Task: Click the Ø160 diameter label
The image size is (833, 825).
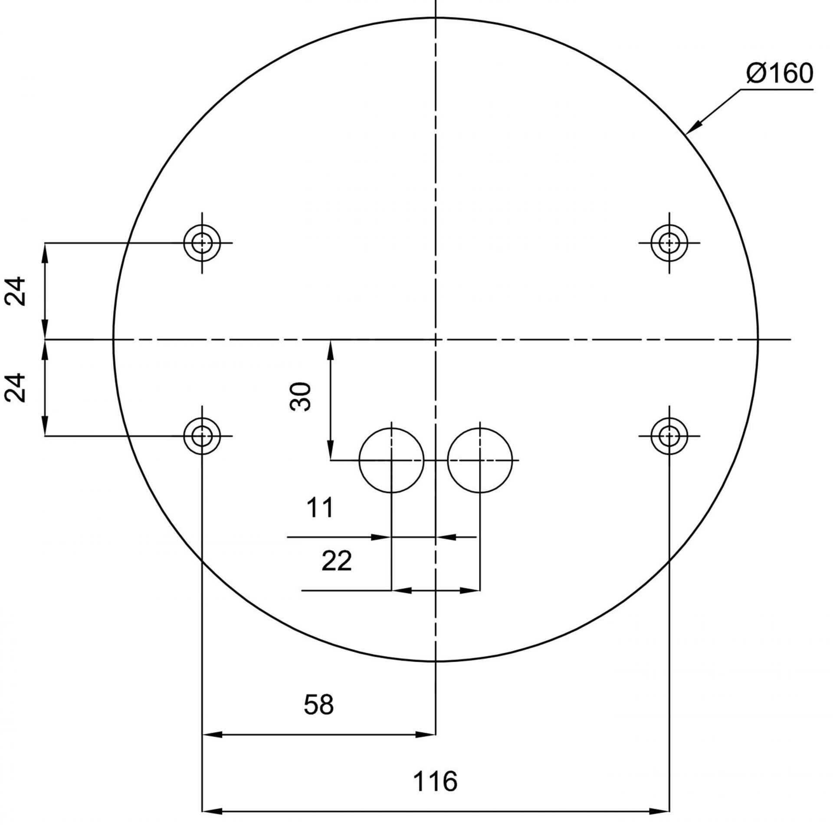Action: click(x=779, y=73)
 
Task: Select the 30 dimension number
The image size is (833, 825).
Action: click(x=300, y=396)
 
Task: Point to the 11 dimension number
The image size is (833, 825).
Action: click(x=320, y=508)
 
